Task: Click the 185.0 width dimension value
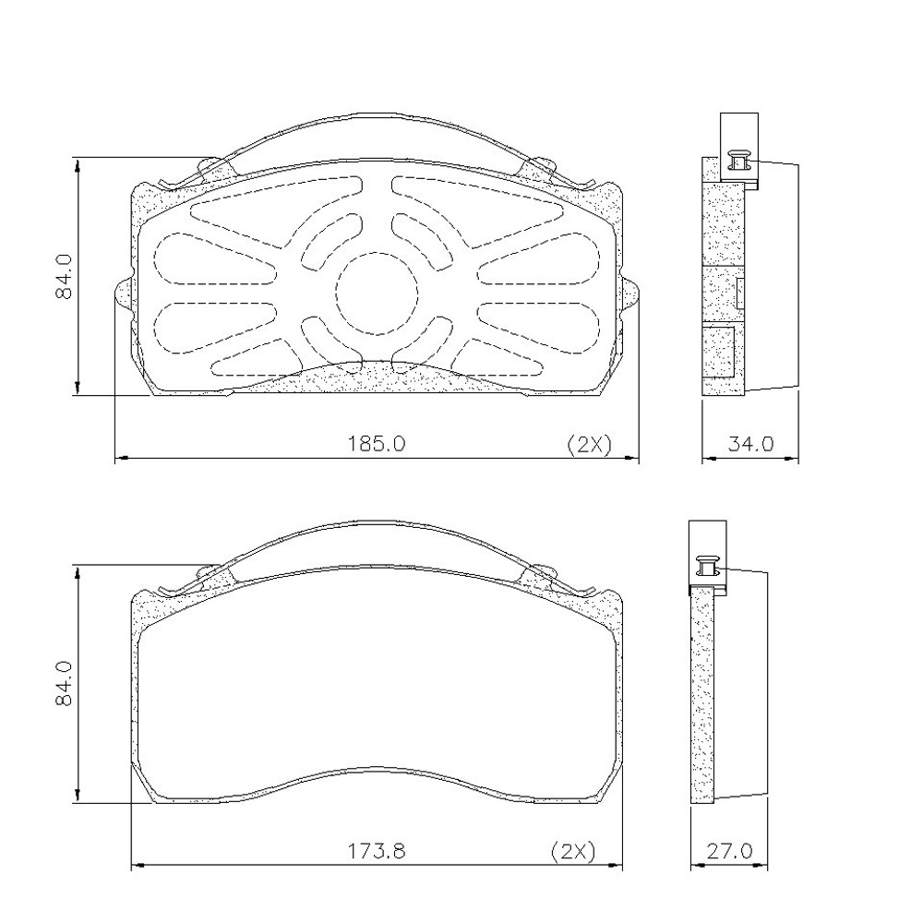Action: (377, 443)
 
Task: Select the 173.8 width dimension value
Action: (377, 851)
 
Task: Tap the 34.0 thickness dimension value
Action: (750, 443)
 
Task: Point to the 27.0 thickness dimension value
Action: (729, 851)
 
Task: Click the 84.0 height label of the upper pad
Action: (64, 276)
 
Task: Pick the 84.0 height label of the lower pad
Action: (64, 683)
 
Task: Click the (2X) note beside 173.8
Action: (573, 851)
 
